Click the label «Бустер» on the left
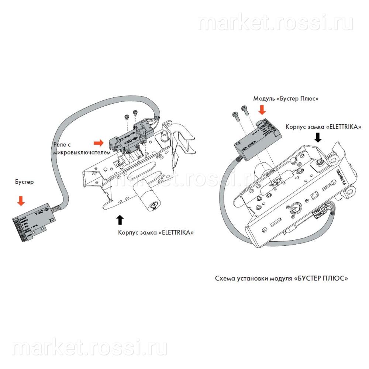pyautogui.click(x=24, y=182)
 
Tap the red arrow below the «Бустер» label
pyautogui.click(x=21, y=200)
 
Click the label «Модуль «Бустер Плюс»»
pyautogui.click(x=286, y=99)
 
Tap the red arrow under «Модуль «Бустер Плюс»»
pyautogui.click(x=262, y=110)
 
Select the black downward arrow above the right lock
pyautogui.click(x=318, y=137)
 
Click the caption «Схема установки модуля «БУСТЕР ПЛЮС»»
pyautogui.click(x=282, y=278)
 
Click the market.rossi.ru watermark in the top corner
pyautogui.click(x=275, y=23)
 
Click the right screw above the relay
pyautogui.click(x=135, y=111)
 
